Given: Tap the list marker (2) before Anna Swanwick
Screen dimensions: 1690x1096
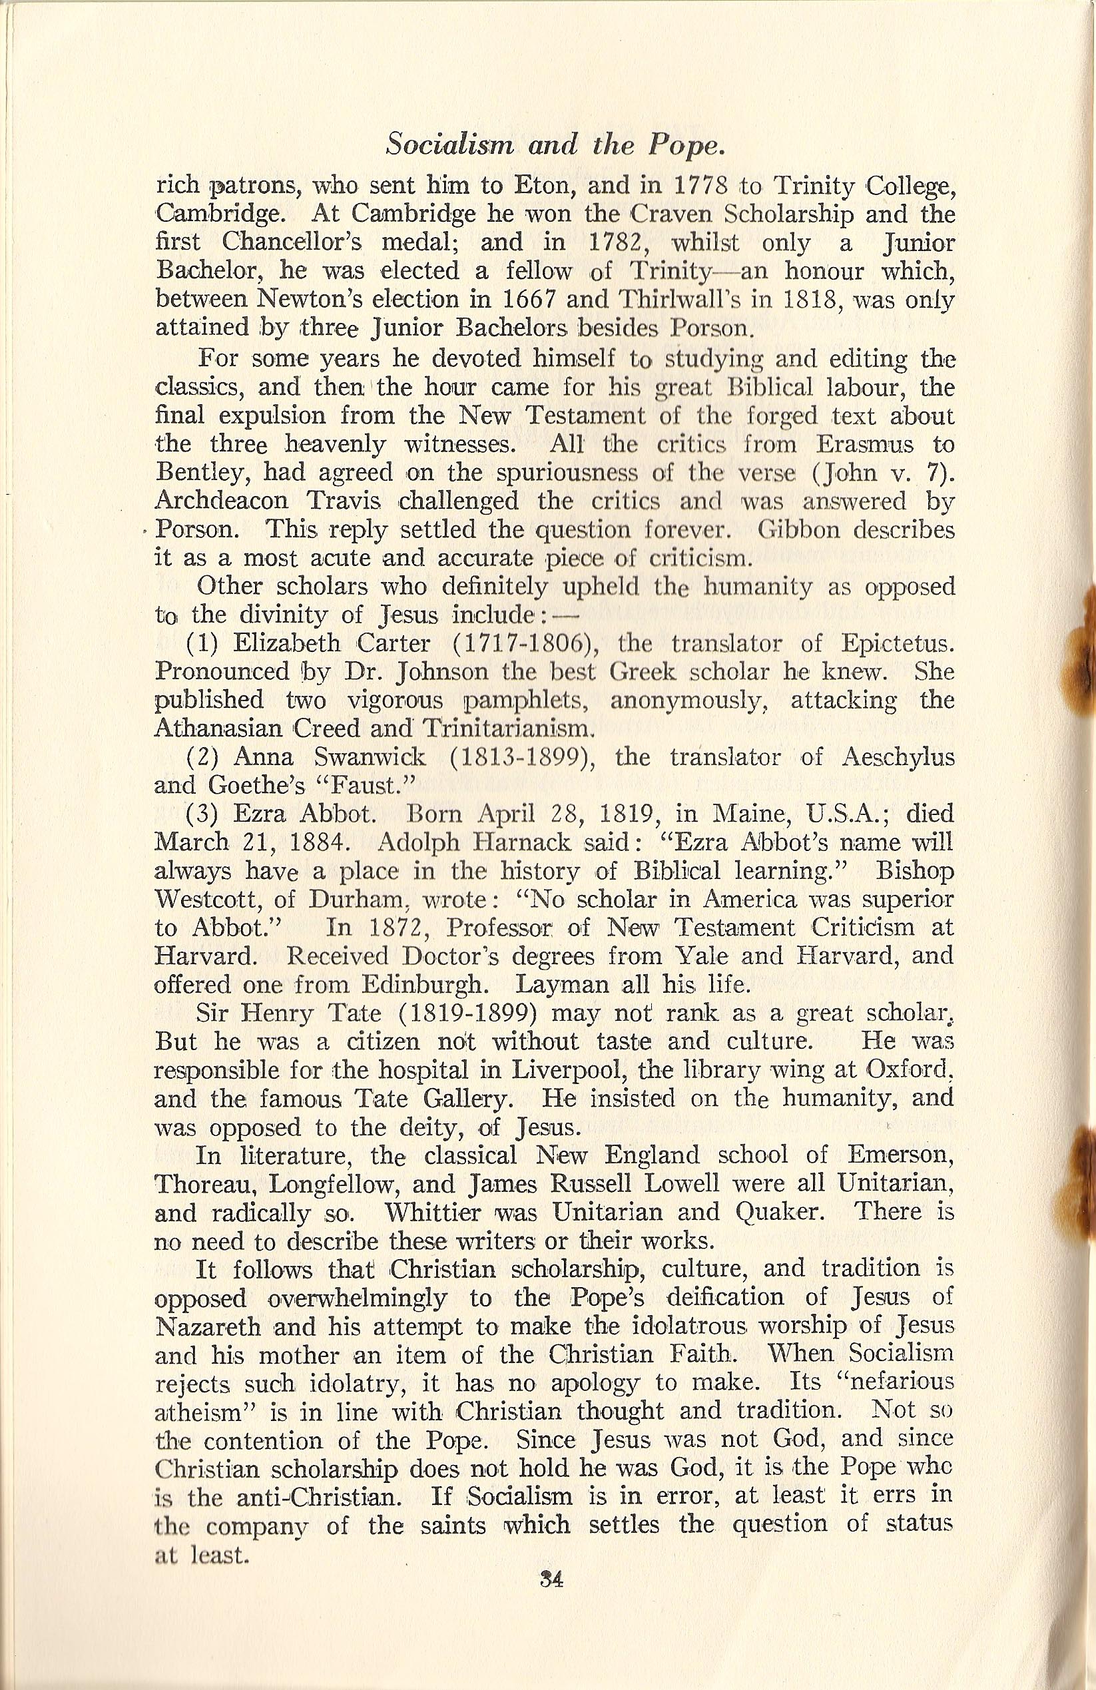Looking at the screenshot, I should click(206, 758).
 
